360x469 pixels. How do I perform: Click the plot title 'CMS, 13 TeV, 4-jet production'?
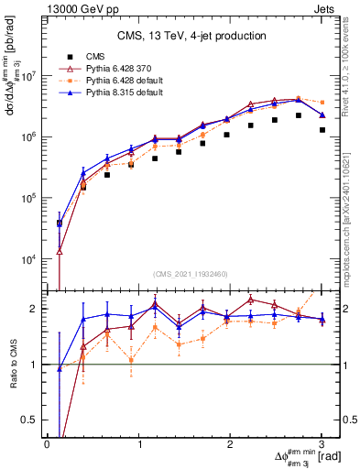pyautogui.click(x=191, y=36)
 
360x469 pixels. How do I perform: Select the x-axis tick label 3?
pyautogui.click(x=322, y=444)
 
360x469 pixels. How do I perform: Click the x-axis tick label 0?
pyautogui.click(x=47, y=444)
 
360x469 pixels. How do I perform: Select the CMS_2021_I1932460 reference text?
pyautogui.click(x=191, y=274)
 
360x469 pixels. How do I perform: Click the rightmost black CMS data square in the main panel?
pyautogui.click(x=322, y=130)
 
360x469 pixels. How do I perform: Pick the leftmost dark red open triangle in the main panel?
pyautogui.click(x=60, y=250)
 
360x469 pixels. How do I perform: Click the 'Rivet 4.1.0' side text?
pyautogui.click(x=352, y=69)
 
